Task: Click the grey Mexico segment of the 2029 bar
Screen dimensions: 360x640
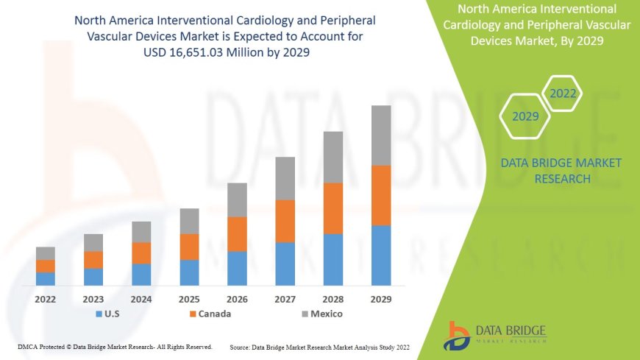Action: (x=381, y=135)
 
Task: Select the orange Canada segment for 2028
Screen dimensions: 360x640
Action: (x=333, y=208)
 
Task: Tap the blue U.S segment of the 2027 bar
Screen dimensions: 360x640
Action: (x=285, y=264)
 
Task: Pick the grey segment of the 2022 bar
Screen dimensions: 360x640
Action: (x=46, y=253)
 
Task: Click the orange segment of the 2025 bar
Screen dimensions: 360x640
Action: (x=189, y=247)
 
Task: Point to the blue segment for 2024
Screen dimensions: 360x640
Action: (x=141, y=275)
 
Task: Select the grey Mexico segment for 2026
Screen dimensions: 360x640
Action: (x=237, y=200)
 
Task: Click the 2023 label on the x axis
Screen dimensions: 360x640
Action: (x=93, y=300)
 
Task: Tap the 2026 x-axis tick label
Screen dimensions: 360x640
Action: (x=237, y=300)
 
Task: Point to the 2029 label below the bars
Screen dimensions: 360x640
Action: (x=381, y=300)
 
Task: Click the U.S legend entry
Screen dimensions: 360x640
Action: (x=108, y=314)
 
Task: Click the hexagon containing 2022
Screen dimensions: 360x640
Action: (x=563, y=93)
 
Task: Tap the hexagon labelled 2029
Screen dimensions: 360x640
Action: (x=525, y=116)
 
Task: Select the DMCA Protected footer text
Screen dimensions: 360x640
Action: (x=115, y=346)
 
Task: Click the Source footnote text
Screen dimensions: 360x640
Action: (x=319, y=346)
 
